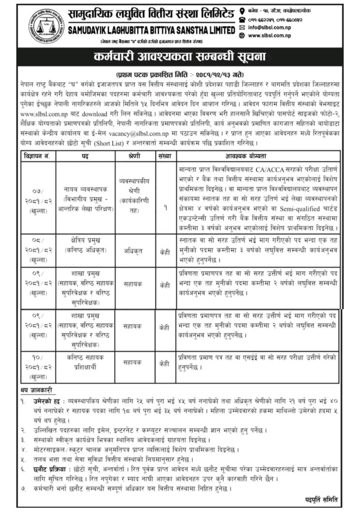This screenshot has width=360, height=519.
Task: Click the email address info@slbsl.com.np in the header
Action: point(269,28)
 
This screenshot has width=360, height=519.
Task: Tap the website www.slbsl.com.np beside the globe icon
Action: point(269,36)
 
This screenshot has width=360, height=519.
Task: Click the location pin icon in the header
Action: point(242,11)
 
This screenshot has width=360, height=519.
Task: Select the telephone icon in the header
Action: point(242,20)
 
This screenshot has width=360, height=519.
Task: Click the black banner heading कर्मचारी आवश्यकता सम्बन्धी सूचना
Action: point(180,57)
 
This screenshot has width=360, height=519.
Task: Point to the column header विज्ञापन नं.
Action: point(39,156)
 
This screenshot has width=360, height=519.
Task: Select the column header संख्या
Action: point(165,156)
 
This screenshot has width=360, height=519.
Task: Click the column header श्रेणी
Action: point(134,156)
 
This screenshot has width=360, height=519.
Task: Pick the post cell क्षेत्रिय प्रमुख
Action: point(85,241)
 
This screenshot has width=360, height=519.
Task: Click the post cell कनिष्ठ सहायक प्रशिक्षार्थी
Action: point(85,362)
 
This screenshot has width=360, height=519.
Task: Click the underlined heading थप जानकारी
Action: point(36,390)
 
